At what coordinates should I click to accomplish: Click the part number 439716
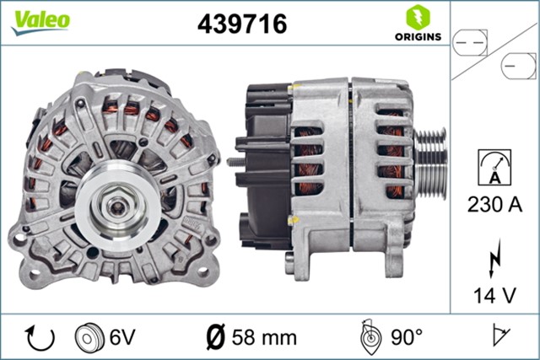click(x=241, y=24)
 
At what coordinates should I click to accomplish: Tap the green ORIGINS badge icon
click(x=416, y=18)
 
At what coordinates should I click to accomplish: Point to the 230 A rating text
click(x=494, y=203)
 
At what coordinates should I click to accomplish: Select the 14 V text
click(x=494, y=295)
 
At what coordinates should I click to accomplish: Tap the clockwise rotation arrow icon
click(x=40, y=338)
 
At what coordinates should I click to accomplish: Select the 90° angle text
click(x=407, y=338)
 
